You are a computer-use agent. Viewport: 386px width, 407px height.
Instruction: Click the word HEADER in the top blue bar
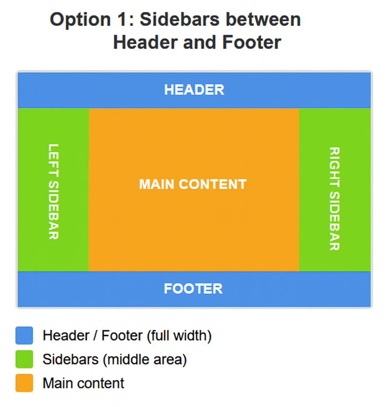pos(194,90)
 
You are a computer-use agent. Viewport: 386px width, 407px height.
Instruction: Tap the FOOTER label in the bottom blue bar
pos(193,288)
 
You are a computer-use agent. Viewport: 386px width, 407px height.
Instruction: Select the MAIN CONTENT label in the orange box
pos(193,184)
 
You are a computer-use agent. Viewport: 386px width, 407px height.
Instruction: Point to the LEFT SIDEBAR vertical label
pos(54,192)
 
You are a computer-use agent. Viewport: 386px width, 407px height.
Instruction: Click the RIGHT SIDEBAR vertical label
pos(334,199)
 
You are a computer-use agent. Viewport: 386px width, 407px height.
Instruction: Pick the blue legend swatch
pos(24,335)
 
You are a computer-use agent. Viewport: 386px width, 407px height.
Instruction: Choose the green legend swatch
pos(24,359)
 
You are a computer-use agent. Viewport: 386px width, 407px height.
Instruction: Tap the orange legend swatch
pos(24,383)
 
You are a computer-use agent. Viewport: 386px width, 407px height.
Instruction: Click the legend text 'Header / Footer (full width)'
pos(127,336)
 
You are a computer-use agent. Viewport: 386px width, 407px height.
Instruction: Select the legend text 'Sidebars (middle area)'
pos(115,359)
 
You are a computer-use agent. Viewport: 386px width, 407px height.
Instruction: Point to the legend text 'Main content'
pos(83,383)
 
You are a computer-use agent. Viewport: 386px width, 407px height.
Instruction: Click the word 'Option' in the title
pos(80,20)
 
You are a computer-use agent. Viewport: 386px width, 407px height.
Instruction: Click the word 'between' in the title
pos(263,20)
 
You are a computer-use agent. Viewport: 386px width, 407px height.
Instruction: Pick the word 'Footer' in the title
pos(252,42)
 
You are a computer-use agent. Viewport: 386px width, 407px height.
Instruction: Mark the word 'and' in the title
pos(200,42)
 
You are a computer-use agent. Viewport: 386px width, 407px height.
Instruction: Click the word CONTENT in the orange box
pos(212,184)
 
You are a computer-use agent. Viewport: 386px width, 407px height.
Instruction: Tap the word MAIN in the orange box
pos(156,184)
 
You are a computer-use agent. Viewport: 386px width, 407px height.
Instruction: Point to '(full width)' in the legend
pos(179,336)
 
